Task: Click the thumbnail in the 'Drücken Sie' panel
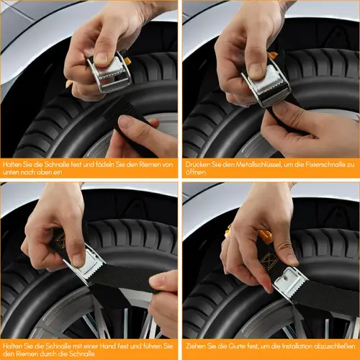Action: coord(256,71)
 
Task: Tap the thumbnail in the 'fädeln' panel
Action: coord(101,58)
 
